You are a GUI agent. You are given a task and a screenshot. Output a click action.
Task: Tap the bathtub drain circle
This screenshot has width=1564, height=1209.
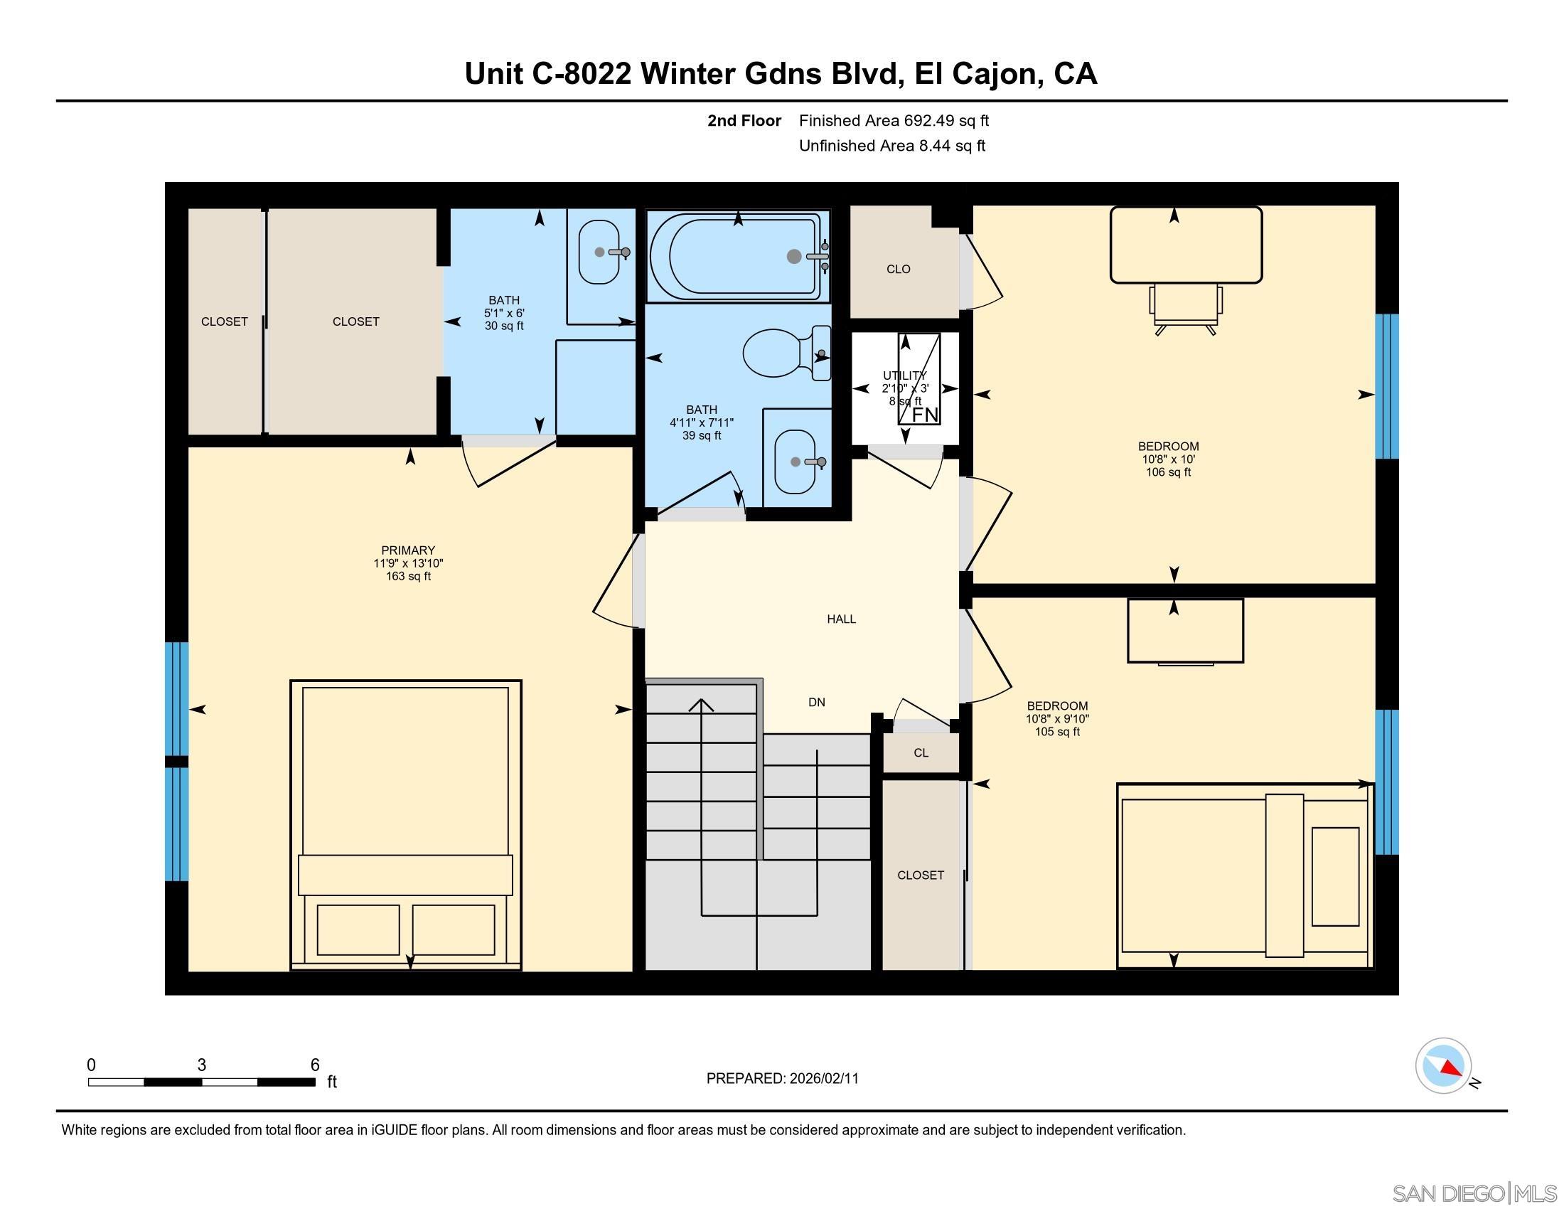pyautogui.click(x=793, y=257)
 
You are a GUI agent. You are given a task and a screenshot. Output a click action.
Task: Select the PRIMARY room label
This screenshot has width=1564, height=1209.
pyautogui.click(x=408, y=550)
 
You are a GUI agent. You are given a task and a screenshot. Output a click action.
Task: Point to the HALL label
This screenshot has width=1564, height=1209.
pyautogui.click(x=842, y=619)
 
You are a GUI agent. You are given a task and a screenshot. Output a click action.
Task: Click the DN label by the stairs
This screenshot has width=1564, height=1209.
pyautogui.click(x=816, y=703)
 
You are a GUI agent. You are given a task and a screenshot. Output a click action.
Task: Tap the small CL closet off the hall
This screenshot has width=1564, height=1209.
pyautogui.click(x=921, y=752)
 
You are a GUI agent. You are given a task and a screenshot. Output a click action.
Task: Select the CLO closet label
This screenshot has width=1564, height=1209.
pyautogui.click(x=898, y=270)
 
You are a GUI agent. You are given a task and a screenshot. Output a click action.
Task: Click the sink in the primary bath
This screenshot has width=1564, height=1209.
pyautogui.click(x=599, y=252)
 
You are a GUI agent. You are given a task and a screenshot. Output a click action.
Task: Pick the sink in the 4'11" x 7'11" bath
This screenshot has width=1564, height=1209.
pyautogui.click(x=796, y=462)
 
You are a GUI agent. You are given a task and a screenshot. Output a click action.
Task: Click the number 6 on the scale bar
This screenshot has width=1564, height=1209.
pyautogui.click(x=314, y=1065)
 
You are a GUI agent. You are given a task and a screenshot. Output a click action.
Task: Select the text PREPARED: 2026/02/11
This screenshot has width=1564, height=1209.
pyautogui.click(x=782, y=1079)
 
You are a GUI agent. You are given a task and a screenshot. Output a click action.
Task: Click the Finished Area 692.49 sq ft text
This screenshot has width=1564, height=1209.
pyautogui.click(x=894, y=120)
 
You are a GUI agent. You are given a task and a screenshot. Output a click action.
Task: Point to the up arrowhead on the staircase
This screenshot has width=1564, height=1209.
pyautogui.click(x=701, y=705)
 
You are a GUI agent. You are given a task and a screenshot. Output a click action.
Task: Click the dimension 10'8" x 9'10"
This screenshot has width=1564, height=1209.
pyautogui.click(x=1057, y=718)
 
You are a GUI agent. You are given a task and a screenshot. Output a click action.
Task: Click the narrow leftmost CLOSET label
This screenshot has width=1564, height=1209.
pyautogui.click(x=224, y=321)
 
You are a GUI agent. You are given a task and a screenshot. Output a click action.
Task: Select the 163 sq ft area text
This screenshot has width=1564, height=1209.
pyautogui.click(x=408, y=576)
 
